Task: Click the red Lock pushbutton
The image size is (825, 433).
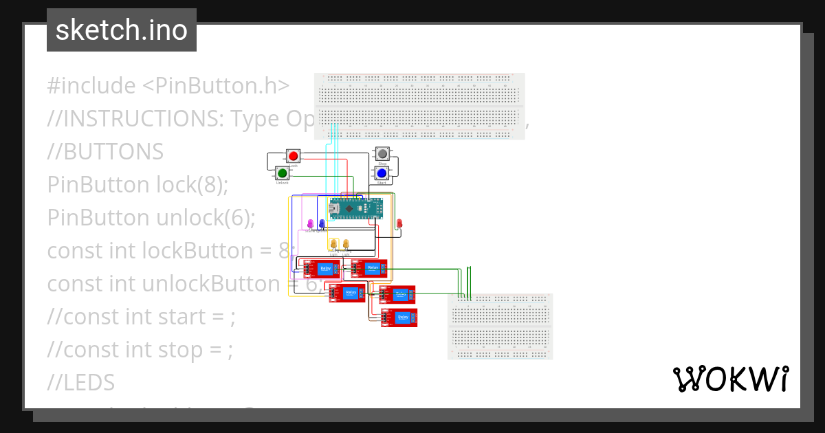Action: pyautogui.click(x=293, y=156)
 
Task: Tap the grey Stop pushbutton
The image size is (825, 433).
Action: pyautogui.click(x=382, y=154)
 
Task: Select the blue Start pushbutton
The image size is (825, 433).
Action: pyautogui.click(x=382, y=173)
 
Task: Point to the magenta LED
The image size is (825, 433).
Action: pyautogui.click(x=310, y=224)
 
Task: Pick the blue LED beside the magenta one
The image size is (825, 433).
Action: pyautogui.click(x=322, y=224)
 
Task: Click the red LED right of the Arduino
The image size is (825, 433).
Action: pyautogui.click(x=399, y=223)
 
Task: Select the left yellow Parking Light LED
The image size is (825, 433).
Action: pyautogui.click(x=334, y=244)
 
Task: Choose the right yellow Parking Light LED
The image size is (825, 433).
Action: pyautogui.click(x=346, y=244)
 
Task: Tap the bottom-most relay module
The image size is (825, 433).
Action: pyautogui.click(x=399, y=318)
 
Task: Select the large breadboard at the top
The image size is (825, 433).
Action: pyautogui.click(x=419, y=107)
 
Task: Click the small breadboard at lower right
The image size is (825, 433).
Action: pyautogui.click(x=500, y=326)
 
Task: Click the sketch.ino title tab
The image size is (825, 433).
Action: pyautogui.click(x=122, y=30)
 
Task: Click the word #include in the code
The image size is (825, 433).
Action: pyautogui.click(x=91, y=86)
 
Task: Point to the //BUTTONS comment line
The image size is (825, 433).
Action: pyautogui.click(x=105, y=151)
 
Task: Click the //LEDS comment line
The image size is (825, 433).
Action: pyautogui.click(x=80, y=382)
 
